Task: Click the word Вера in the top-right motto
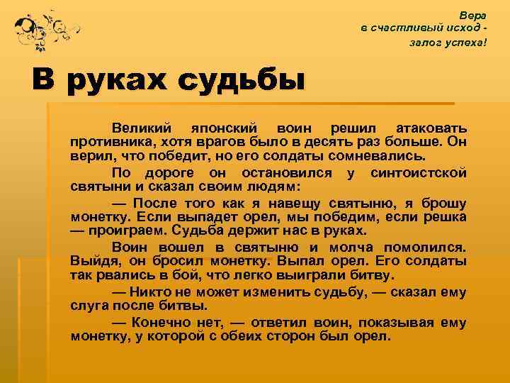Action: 473,14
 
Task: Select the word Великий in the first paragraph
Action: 141,128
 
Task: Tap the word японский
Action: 220,128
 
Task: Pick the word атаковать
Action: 431,128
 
